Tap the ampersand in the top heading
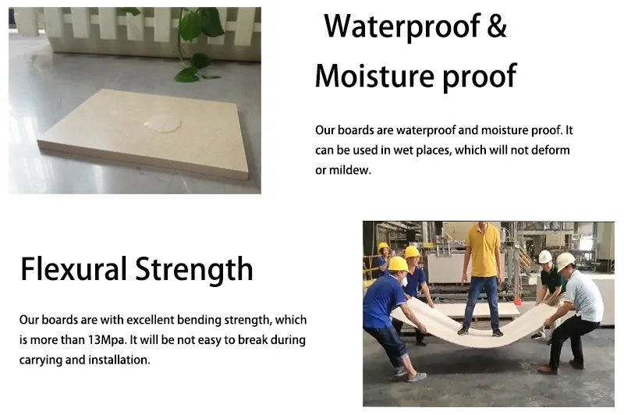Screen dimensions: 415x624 497,27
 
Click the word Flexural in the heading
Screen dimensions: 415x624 73,269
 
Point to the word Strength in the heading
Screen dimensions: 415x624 194,269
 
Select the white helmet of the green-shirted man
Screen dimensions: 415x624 545,257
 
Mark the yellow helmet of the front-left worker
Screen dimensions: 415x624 399,264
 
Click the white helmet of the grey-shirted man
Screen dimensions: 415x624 565,261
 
